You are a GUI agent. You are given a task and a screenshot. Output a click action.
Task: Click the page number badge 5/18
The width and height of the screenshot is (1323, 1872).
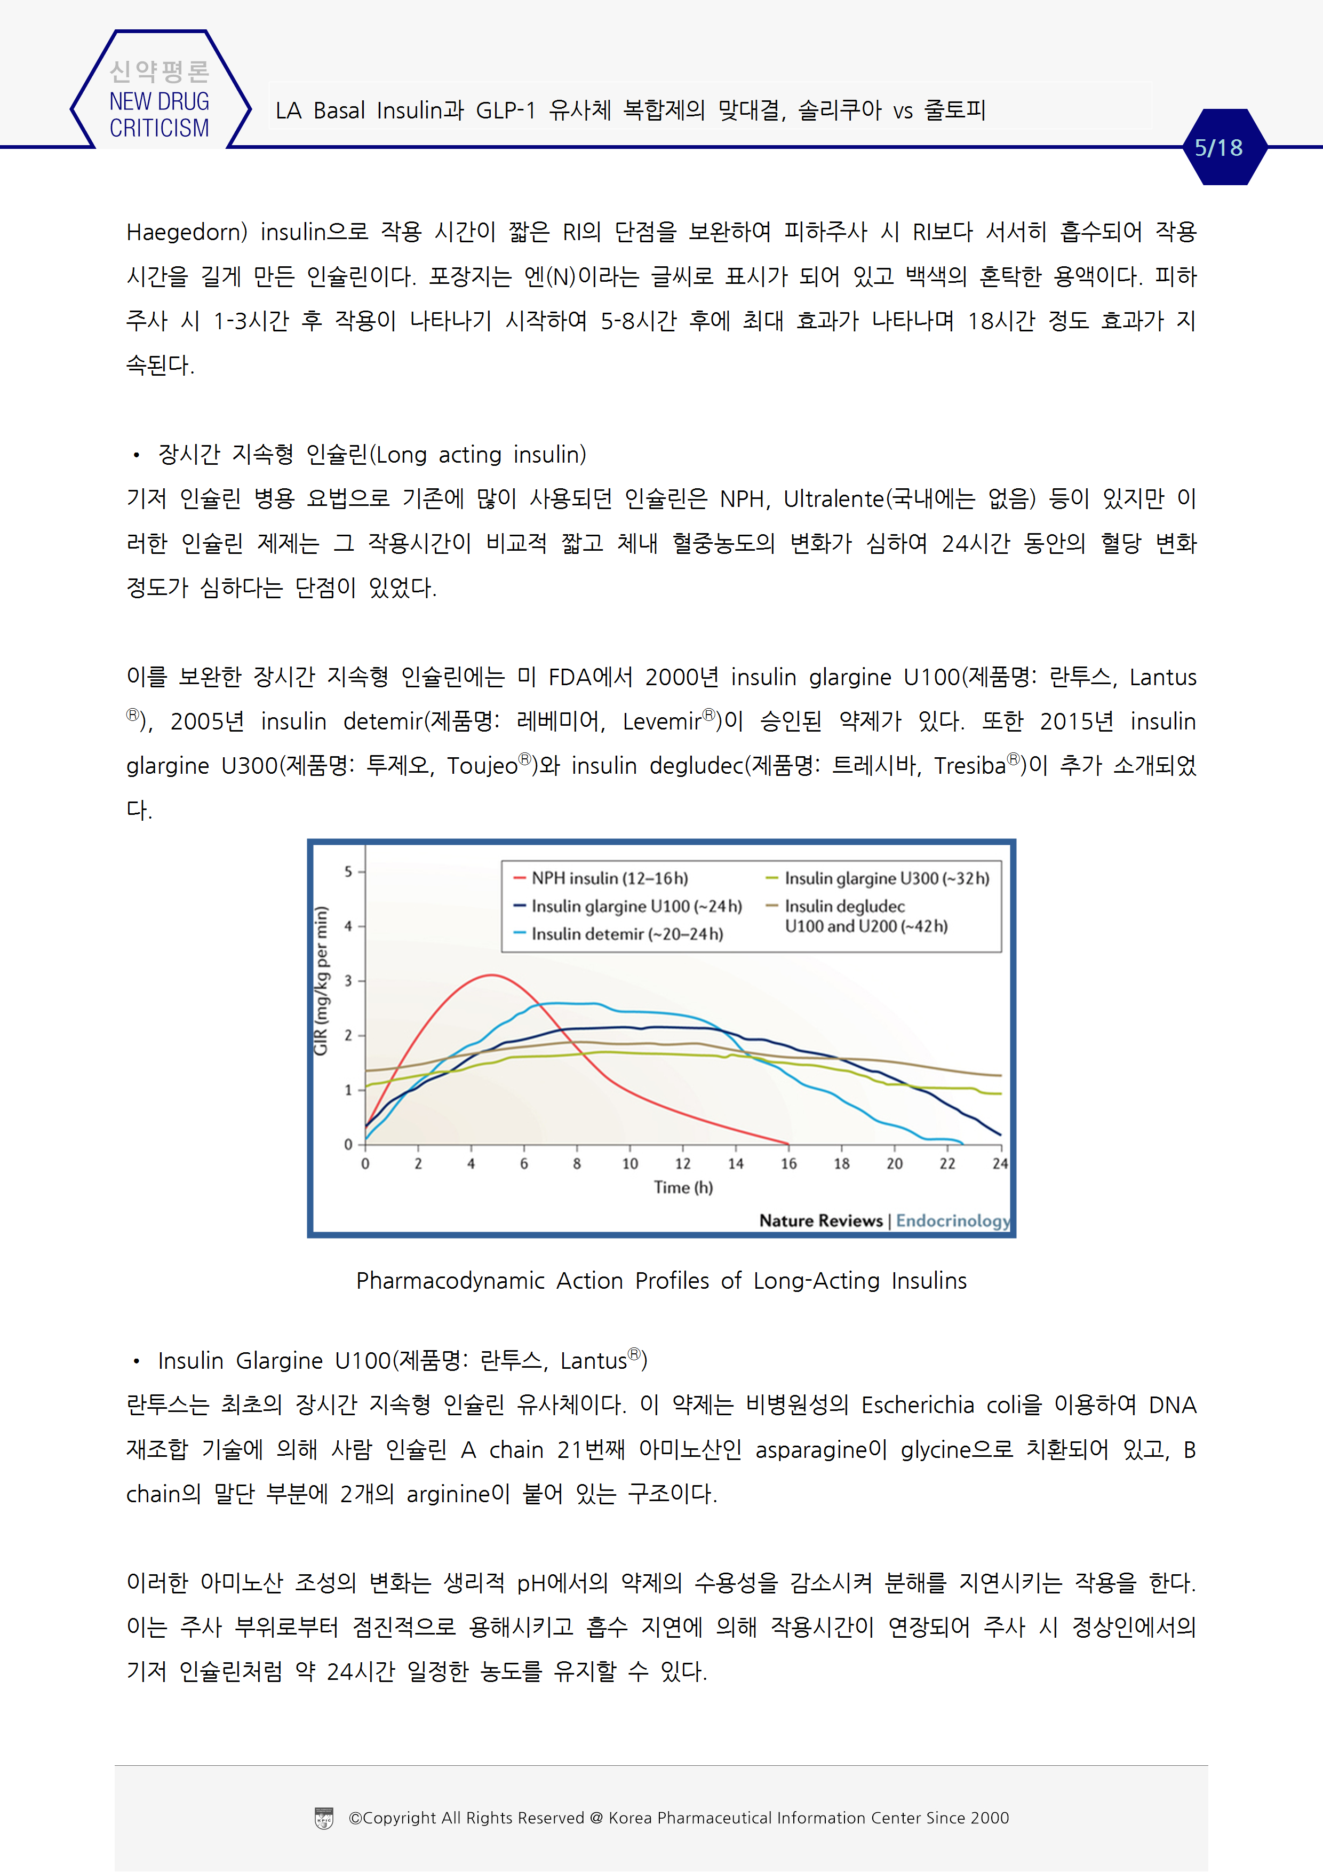tap(1218, 148)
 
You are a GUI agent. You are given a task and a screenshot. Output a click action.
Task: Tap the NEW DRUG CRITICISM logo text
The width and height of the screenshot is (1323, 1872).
tap(159, 114)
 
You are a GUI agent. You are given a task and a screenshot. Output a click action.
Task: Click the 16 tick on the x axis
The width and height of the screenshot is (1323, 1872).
tap(788, 1163)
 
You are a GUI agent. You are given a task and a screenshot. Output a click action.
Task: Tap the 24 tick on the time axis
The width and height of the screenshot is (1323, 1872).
tap(999, 1163)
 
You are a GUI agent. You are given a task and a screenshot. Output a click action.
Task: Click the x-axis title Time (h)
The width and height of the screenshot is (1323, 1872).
tap(683, 1187)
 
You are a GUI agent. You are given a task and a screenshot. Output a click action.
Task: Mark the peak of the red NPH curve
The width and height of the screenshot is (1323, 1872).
tap(491, 975)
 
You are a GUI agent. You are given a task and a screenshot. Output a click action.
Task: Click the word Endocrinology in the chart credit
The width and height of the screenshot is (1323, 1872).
tap(952, 1220)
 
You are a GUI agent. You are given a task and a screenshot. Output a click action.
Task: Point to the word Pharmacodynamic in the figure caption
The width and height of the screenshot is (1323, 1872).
tap(450, 1281)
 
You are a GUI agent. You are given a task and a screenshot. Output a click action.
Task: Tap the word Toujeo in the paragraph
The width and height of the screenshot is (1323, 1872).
tap(482, 766)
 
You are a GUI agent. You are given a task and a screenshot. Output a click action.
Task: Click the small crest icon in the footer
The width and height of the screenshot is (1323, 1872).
tap(324, 1818)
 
